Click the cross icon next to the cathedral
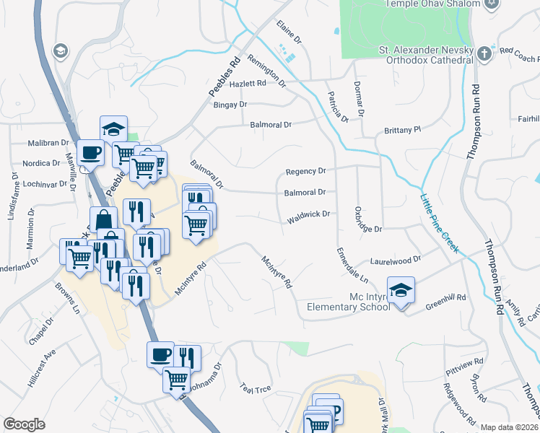click(484, 51)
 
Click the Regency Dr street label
click(306, 171)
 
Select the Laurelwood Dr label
click(395, 259)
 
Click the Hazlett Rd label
click(248, 84)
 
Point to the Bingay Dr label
click(230, 105)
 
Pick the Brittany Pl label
click(401, 130)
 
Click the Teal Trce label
click(256, 389)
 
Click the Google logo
click(24, 424)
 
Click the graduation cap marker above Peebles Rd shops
click(113, 129)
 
